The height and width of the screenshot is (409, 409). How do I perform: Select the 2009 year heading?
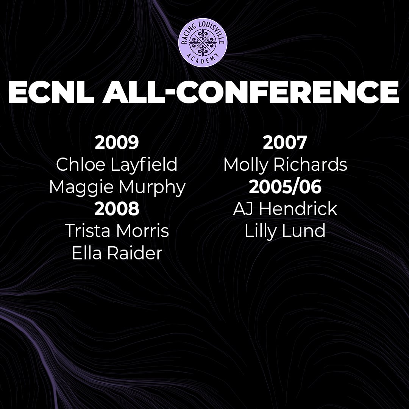(117, 143)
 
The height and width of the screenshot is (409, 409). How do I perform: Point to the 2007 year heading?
(285, 143)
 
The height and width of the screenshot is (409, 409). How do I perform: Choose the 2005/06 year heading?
(285, 187)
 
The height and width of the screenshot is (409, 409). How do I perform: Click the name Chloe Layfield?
(117, 165)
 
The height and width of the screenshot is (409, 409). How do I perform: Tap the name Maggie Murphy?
(117, 187)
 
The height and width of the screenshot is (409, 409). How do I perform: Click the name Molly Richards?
(285, 165)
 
